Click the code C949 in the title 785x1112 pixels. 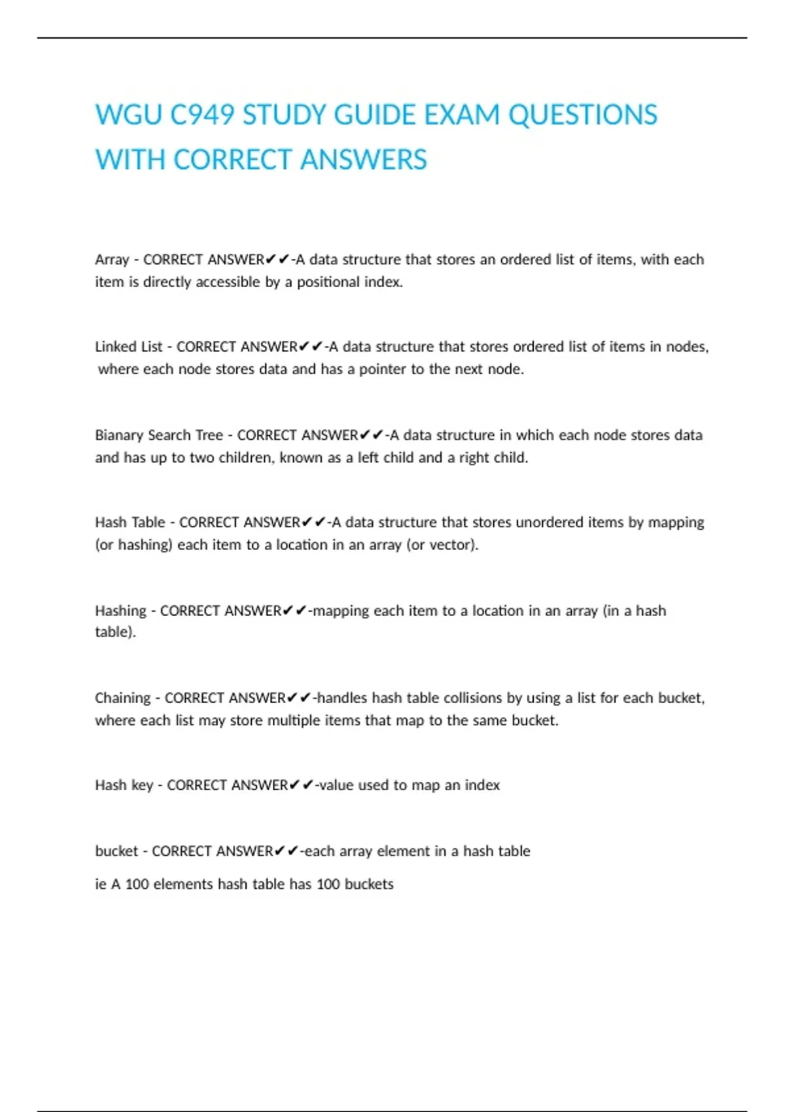(202, 115)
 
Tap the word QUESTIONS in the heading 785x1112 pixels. (582, 115)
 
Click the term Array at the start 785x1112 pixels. (112, 260)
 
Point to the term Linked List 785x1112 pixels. (128, 347)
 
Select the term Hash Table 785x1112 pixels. (130, 522)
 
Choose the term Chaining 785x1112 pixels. (122, 698)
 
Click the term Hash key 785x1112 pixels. (124, 785)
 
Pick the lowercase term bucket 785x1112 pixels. (116, 851)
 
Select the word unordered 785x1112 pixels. (549, 522)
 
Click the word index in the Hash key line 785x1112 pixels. (482, 785)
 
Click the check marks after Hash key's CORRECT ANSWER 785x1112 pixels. (302, 785)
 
